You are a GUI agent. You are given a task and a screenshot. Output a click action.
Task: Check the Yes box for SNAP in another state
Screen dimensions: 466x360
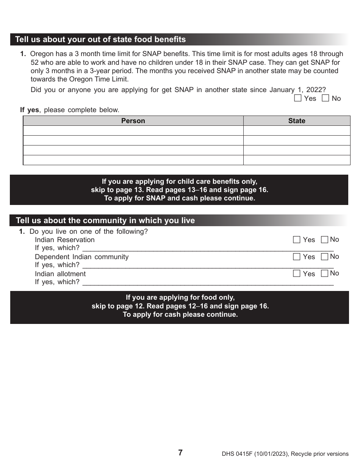click(298, 99)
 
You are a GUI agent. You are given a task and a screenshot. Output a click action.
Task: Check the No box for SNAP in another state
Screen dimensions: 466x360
click(326, 99)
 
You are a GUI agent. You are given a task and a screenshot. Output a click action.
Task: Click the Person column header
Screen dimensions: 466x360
click(133, 121)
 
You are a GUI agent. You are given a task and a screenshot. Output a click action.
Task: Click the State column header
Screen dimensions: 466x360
click(296, 121)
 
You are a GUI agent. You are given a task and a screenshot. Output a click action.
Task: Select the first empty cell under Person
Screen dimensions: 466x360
click(133, 131)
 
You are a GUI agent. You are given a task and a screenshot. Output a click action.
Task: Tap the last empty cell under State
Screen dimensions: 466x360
click(296, 160)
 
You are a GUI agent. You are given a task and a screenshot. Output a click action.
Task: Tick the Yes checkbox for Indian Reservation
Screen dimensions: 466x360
click(297, 240)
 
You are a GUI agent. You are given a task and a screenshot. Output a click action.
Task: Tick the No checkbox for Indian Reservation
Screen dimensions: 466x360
click(324, 239)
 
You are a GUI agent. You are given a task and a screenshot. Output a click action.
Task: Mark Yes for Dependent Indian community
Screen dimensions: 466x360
click(297, 257)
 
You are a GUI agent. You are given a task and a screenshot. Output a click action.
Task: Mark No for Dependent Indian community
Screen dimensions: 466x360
click(324, 256)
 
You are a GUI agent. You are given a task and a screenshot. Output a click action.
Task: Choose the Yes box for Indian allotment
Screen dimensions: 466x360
click(297, 274)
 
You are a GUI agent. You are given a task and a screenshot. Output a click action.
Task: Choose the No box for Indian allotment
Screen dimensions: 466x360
click(324, 273)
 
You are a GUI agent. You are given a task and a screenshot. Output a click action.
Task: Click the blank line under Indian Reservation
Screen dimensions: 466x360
click(208, 249)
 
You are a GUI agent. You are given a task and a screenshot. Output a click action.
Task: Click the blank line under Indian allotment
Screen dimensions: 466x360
click(208, 282)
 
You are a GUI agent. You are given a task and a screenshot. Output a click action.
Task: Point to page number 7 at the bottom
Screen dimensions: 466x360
click(180, 452)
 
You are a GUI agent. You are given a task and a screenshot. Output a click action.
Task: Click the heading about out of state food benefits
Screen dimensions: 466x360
click(100, 39)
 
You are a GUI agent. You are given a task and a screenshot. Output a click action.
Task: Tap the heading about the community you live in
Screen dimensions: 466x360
click(105, 220)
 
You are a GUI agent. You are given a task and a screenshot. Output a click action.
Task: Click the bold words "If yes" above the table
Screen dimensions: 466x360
click(30, 110)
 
